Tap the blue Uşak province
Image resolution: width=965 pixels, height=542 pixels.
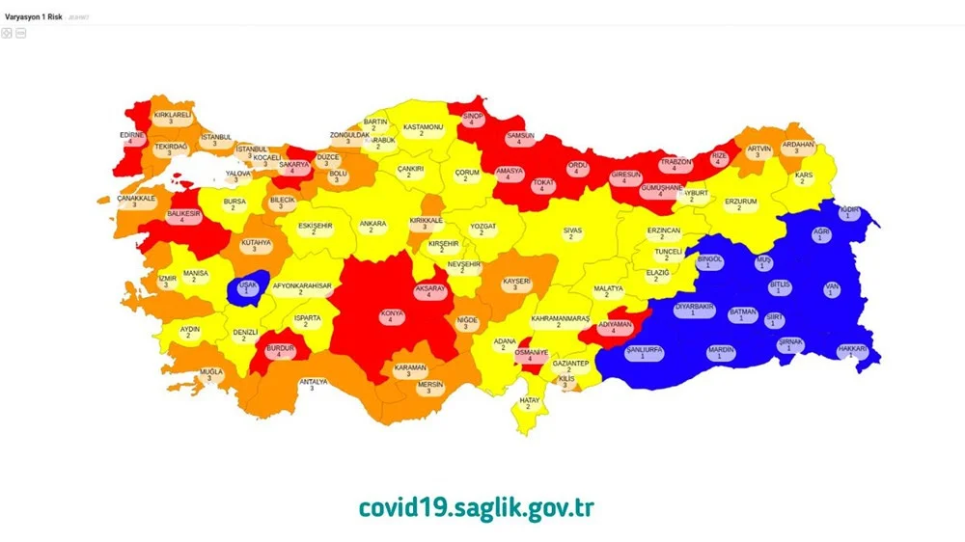click(245, 287)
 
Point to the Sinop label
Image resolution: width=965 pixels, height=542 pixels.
click(472, 119)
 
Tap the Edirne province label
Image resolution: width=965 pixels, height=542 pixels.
click(131, 137)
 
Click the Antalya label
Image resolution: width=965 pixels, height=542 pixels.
click(313, 384)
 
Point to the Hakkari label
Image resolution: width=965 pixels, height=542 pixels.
click(852, 351)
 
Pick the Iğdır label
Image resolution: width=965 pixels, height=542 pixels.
click(848, 211)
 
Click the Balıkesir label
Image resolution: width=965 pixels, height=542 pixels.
click(182, 215)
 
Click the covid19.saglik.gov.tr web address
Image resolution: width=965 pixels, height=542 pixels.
click(476, 507)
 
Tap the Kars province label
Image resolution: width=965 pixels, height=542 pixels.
click(803, 177)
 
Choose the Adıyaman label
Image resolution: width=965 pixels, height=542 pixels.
click(614, 327)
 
